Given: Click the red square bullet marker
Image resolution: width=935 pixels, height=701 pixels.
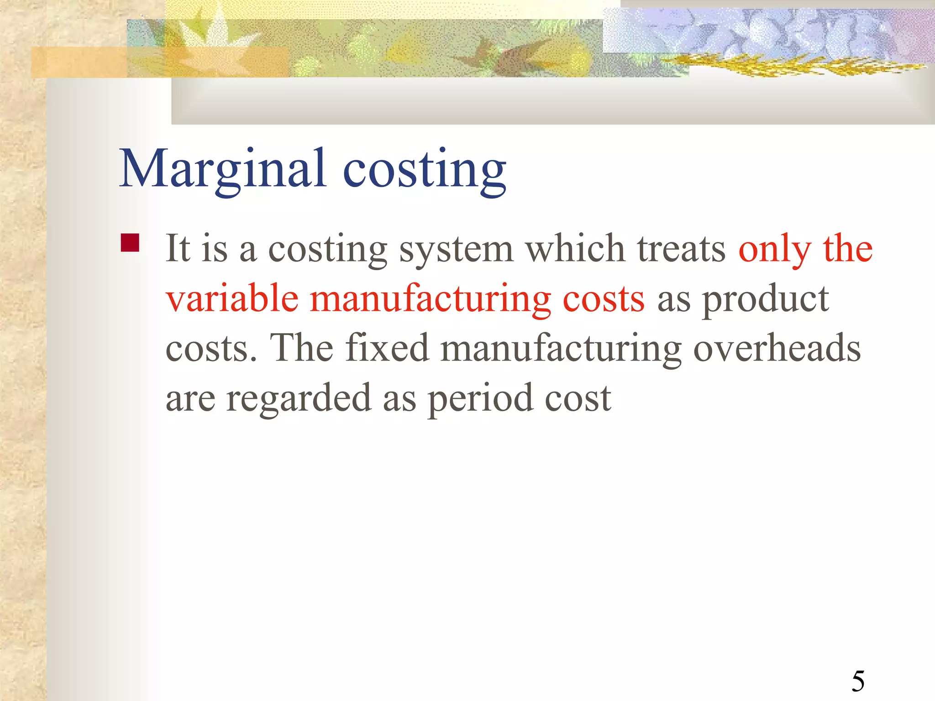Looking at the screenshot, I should coord(130,243).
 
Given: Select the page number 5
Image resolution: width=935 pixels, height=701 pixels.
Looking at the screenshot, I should coord(858,681).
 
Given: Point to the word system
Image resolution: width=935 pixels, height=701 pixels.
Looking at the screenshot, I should coord(457,250).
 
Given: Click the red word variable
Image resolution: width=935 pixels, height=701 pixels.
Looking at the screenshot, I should coord(232,298).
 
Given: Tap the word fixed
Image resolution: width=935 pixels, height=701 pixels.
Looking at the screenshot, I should coord(387,348).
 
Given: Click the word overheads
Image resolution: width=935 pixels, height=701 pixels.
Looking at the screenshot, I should coord(777,349).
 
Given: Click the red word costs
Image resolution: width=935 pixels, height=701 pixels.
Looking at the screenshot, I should coord(604,299).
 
